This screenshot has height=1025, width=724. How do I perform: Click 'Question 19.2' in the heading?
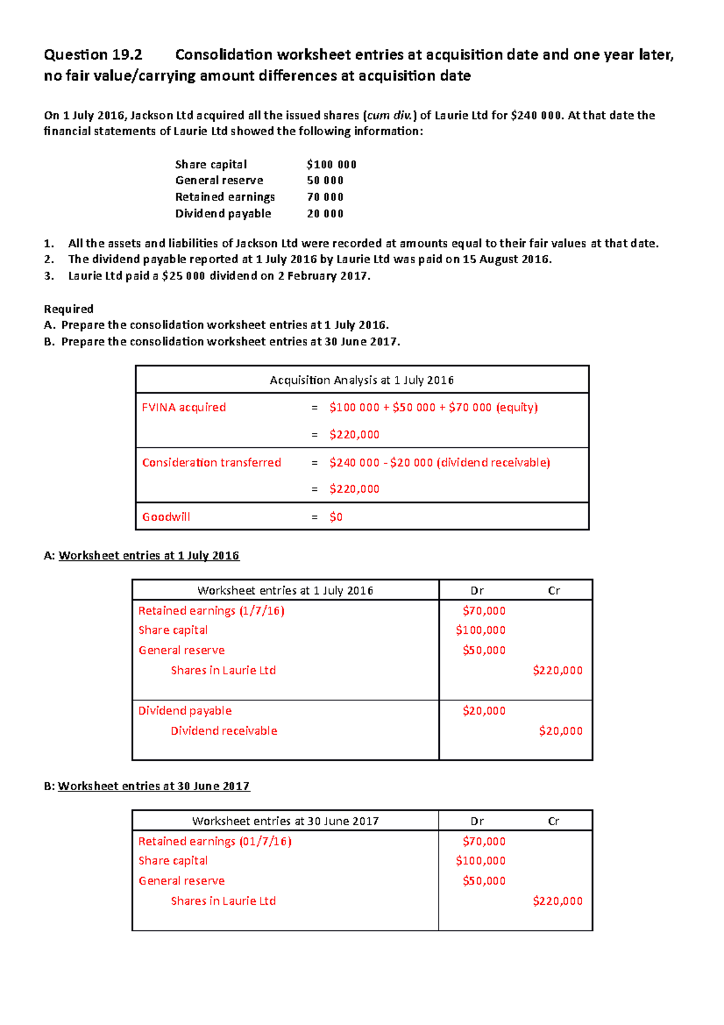point(93,55)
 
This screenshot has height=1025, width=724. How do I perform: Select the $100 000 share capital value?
point(331,164)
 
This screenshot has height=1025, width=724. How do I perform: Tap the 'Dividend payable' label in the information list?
point(223,214)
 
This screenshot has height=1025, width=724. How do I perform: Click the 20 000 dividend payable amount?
point(325,214)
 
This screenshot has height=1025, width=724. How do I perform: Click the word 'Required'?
point(68,309)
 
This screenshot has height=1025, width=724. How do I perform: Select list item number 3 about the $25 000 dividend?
point(218,276)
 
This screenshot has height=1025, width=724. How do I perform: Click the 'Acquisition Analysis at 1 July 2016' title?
point(361,380)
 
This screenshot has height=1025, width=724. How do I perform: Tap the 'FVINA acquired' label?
point(183,407)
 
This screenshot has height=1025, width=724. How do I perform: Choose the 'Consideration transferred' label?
point(211,462)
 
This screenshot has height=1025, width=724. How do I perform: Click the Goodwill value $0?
point(336,517)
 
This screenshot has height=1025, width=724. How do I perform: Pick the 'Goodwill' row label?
point(166,517)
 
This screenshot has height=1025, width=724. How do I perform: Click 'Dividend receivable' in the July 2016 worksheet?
point(224,731)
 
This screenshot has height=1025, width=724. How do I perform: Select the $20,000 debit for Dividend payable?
point(484,711)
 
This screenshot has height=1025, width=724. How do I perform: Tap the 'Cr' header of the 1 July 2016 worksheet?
point(553,591)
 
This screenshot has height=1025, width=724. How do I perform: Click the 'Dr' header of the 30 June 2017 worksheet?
point(477,822)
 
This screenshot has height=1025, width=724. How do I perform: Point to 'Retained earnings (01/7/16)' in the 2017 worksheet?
point(214,841)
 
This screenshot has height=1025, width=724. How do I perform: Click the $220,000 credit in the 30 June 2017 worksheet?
point(557,901)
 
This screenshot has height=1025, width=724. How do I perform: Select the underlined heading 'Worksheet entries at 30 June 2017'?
point(153,787)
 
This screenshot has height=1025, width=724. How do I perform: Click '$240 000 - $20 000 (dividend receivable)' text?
point(439,463)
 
